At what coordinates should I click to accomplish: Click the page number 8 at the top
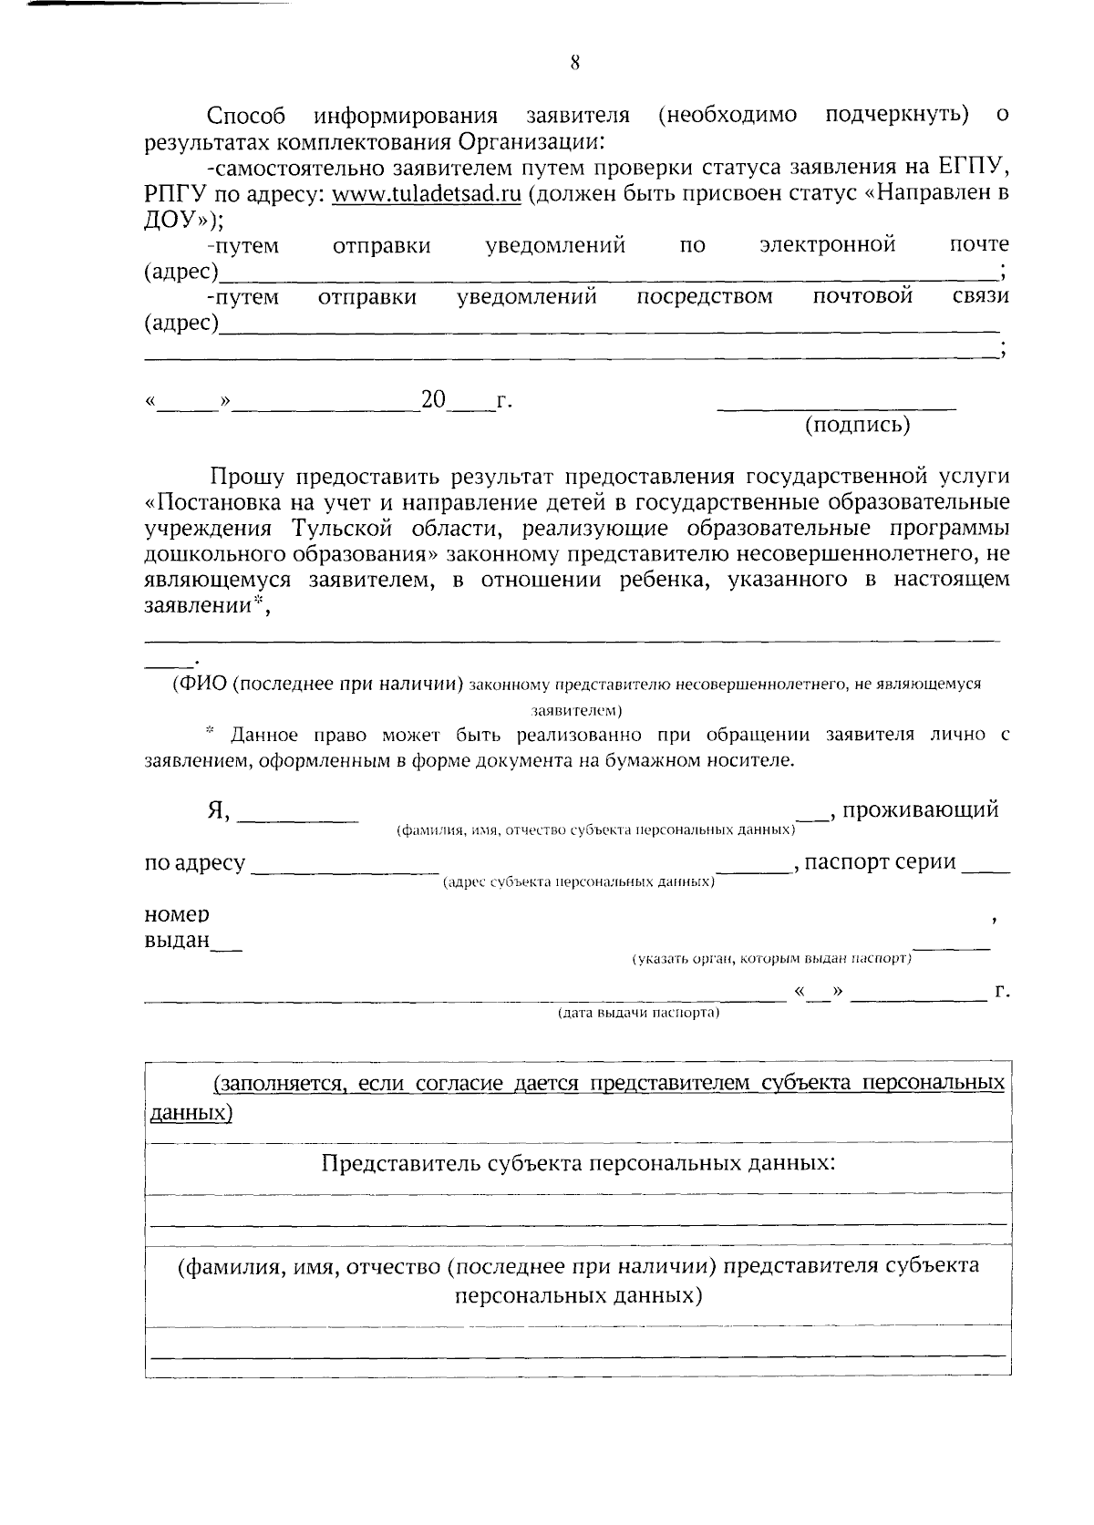coord(574,63)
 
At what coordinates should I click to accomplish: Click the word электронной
coord(827,244)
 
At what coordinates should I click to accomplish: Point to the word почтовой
coord(862,296)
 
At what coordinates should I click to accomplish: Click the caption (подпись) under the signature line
coord(856,425)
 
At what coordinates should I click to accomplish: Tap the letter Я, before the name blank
coord(218,810)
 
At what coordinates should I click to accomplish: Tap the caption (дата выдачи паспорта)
coord(639,1014)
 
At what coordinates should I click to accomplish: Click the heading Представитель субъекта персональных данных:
coord(579,1163)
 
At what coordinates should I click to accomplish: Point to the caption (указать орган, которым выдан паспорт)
coord(772,959)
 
